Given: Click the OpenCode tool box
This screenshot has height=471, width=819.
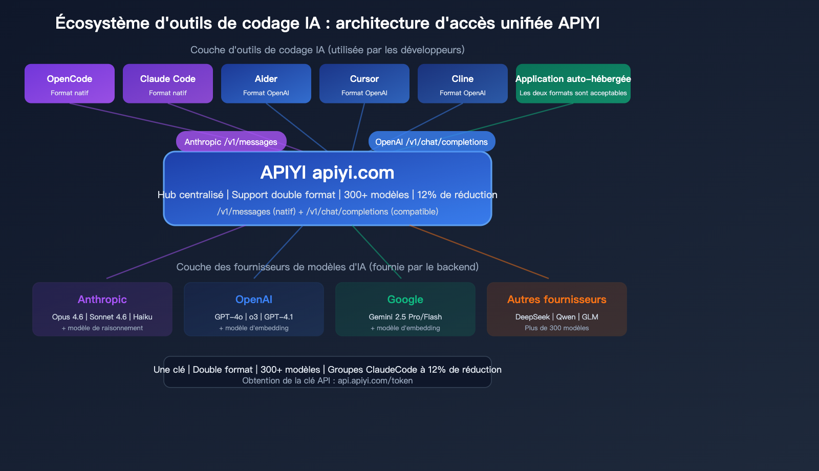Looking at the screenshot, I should click(70, 83).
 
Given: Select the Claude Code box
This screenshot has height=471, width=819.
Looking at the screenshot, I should click(168, 83).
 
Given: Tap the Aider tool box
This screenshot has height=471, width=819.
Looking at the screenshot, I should click(266, 83).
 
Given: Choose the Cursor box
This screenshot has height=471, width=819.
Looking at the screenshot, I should click(364, 83).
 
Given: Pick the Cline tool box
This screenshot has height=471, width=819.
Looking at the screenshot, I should click(463, 83).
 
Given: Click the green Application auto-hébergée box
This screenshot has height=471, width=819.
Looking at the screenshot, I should click(573, 83).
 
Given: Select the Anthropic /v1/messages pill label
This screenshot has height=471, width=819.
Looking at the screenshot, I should click(231, 142).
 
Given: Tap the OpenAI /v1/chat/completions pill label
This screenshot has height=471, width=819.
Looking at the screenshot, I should click(432, 142).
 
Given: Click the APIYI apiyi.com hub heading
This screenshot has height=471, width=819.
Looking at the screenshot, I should click(328, 173).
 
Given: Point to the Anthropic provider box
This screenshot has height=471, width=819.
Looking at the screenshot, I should click(102, 309).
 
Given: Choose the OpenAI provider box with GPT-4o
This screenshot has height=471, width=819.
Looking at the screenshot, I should click(254, 309).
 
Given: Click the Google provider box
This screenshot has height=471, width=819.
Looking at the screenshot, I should click(405, 309).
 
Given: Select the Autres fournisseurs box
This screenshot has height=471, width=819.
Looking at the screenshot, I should click(557, 309).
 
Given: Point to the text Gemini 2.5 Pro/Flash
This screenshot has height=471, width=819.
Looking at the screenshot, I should click(405, 317).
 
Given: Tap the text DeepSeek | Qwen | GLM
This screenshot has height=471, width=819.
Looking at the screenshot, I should click(557, 317).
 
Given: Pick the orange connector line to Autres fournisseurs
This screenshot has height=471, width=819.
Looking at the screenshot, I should click(481, 252).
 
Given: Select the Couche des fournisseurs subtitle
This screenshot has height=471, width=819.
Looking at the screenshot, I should click(328, 267).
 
